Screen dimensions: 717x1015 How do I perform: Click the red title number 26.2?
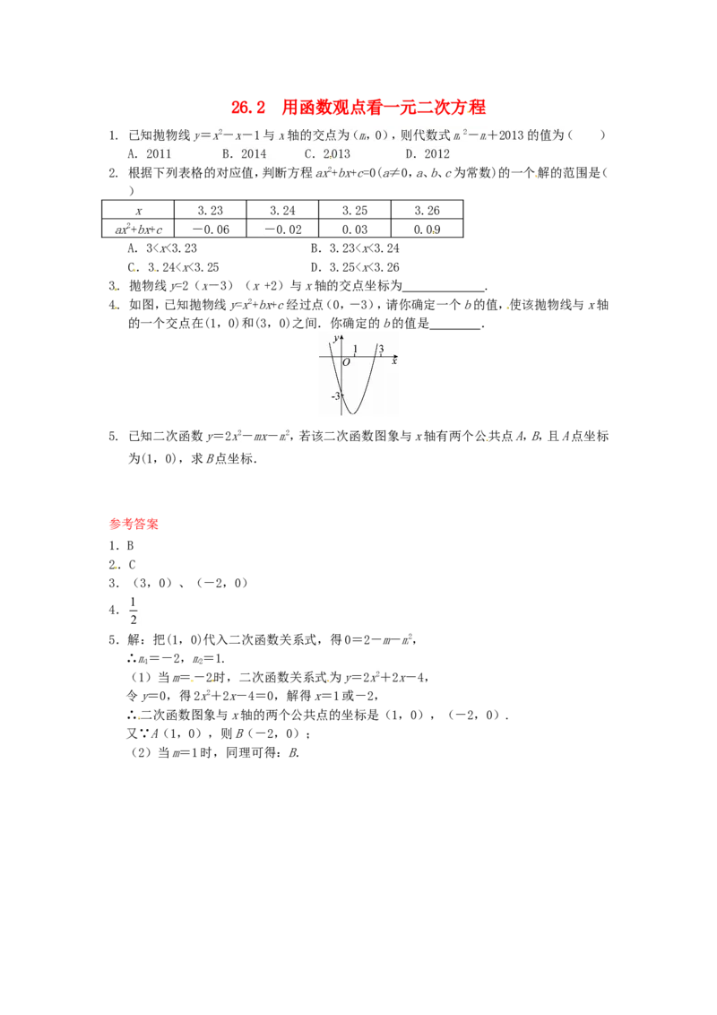pos(248,108)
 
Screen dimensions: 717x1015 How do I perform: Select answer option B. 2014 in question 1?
pos(244,154)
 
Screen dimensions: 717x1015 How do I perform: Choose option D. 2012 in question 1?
pos(428,154)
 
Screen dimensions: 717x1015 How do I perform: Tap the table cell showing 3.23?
pos(210,211)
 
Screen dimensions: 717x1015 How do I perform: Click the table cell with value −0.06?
pos(210,230)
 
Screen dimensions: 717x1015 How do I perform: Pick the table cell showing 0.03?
pos(355,230)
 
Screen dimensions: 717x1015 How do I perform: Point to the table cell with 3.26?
pos(428,211)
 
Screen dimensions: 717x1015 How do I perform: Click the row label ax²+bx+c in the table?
pos(139,230)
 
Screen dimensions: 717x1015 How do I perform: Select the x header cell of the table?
pos(138,211)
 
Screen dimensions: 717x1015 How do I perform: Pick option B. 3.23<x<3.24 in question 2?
pos(355,248)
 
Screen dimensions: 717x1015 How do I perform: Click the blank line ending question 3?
pos(444,291)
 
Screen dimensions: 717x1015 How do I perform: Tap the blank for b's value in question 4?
pos(455,328)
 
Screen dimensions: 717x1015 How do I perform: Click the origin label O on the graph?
pos(346,362)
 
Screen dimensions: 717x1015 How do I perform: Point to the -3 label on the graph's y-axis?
pos(335,395)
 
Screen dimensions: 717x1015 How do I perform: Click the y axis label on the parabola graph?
pos(334,339)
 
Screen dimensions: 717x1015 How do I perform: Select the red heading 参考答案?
pos(134,525)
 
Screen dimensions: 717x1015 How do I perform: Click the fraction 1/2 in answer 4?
pos(134,611)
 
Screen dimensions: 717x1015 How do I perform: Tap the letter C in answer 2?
pos(132,565)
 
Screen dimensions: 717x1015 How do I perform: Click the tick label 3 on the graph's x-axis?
pos(381,350)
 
